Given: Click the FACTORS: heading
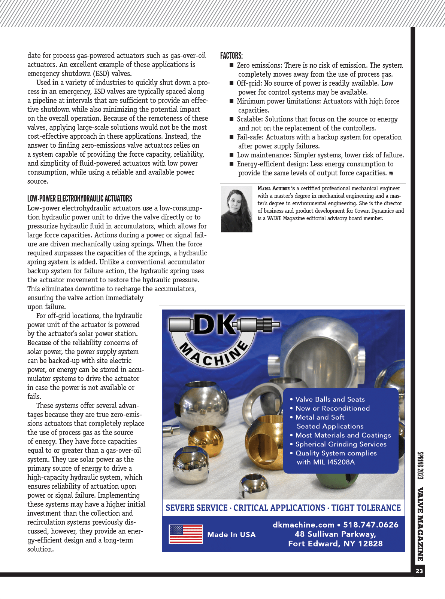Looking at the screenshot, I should [x=231, y=56].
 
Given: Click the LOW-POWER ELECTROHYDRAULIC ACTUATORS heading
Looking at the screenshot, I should [x=80, y=199].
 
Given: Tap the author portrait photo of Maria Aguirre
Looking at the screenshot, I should [x=236, y=209].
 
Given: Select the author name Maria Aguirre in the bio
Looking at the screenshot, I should [x=273, y=188].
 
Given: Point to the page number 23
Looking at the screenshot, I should [x=419, y=571].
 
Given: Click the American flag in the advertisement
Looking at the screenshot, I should [x=186, y=534].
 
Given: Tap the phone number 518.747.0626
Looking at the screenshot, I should [x=371, y=525].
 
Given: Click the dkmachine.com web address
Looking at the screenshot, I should [x=303, y=525].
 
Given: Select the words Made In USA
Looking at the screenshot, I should [x=231, y=535].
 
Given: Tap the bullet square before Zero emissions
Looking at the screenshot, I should [x=231, y=65].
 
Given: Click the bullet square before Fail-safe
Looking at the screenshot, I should [x=231, y=137].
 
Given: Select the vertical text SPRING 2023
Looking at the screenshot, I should [x=420, y=466].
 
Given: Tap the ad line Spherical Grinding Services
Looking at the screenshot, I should [x=341, y=444].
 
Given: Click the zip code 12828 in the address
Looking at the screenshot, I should [x=370, y=544].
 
